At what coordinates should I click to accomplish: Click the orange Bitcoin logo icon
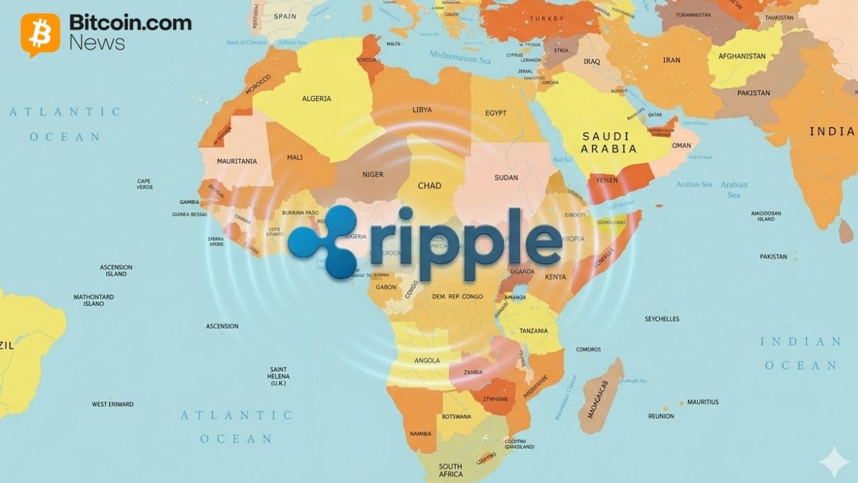click(x=40, y=34)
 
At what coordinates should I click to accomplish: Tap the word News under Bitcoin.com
click(x=97, y=43)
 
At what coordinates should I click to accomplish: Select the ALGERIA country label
click(x=316, y=99)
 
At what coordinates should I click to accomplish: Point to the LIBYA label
click(x=422, y=109)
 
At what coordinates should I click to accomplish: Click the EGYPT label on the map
click(x=495, y=113)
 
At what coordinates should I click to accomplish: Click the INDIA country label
click(x=832, y=131)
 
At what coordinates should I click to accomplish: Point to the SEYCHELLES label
click(x=662, y=319)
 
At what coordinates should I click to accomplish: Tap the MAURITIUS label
click(x=702, y=402)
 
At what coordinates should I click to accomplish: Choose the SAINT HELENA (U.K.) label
click(x=278, y=376)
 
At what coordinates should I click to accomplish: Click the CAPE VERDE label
click(x=144, y=184)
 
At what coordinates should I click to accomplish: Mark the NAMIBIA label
click(x=420, y=433)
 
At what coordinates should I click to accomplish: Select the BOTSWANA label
click(x=456, y=417)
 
